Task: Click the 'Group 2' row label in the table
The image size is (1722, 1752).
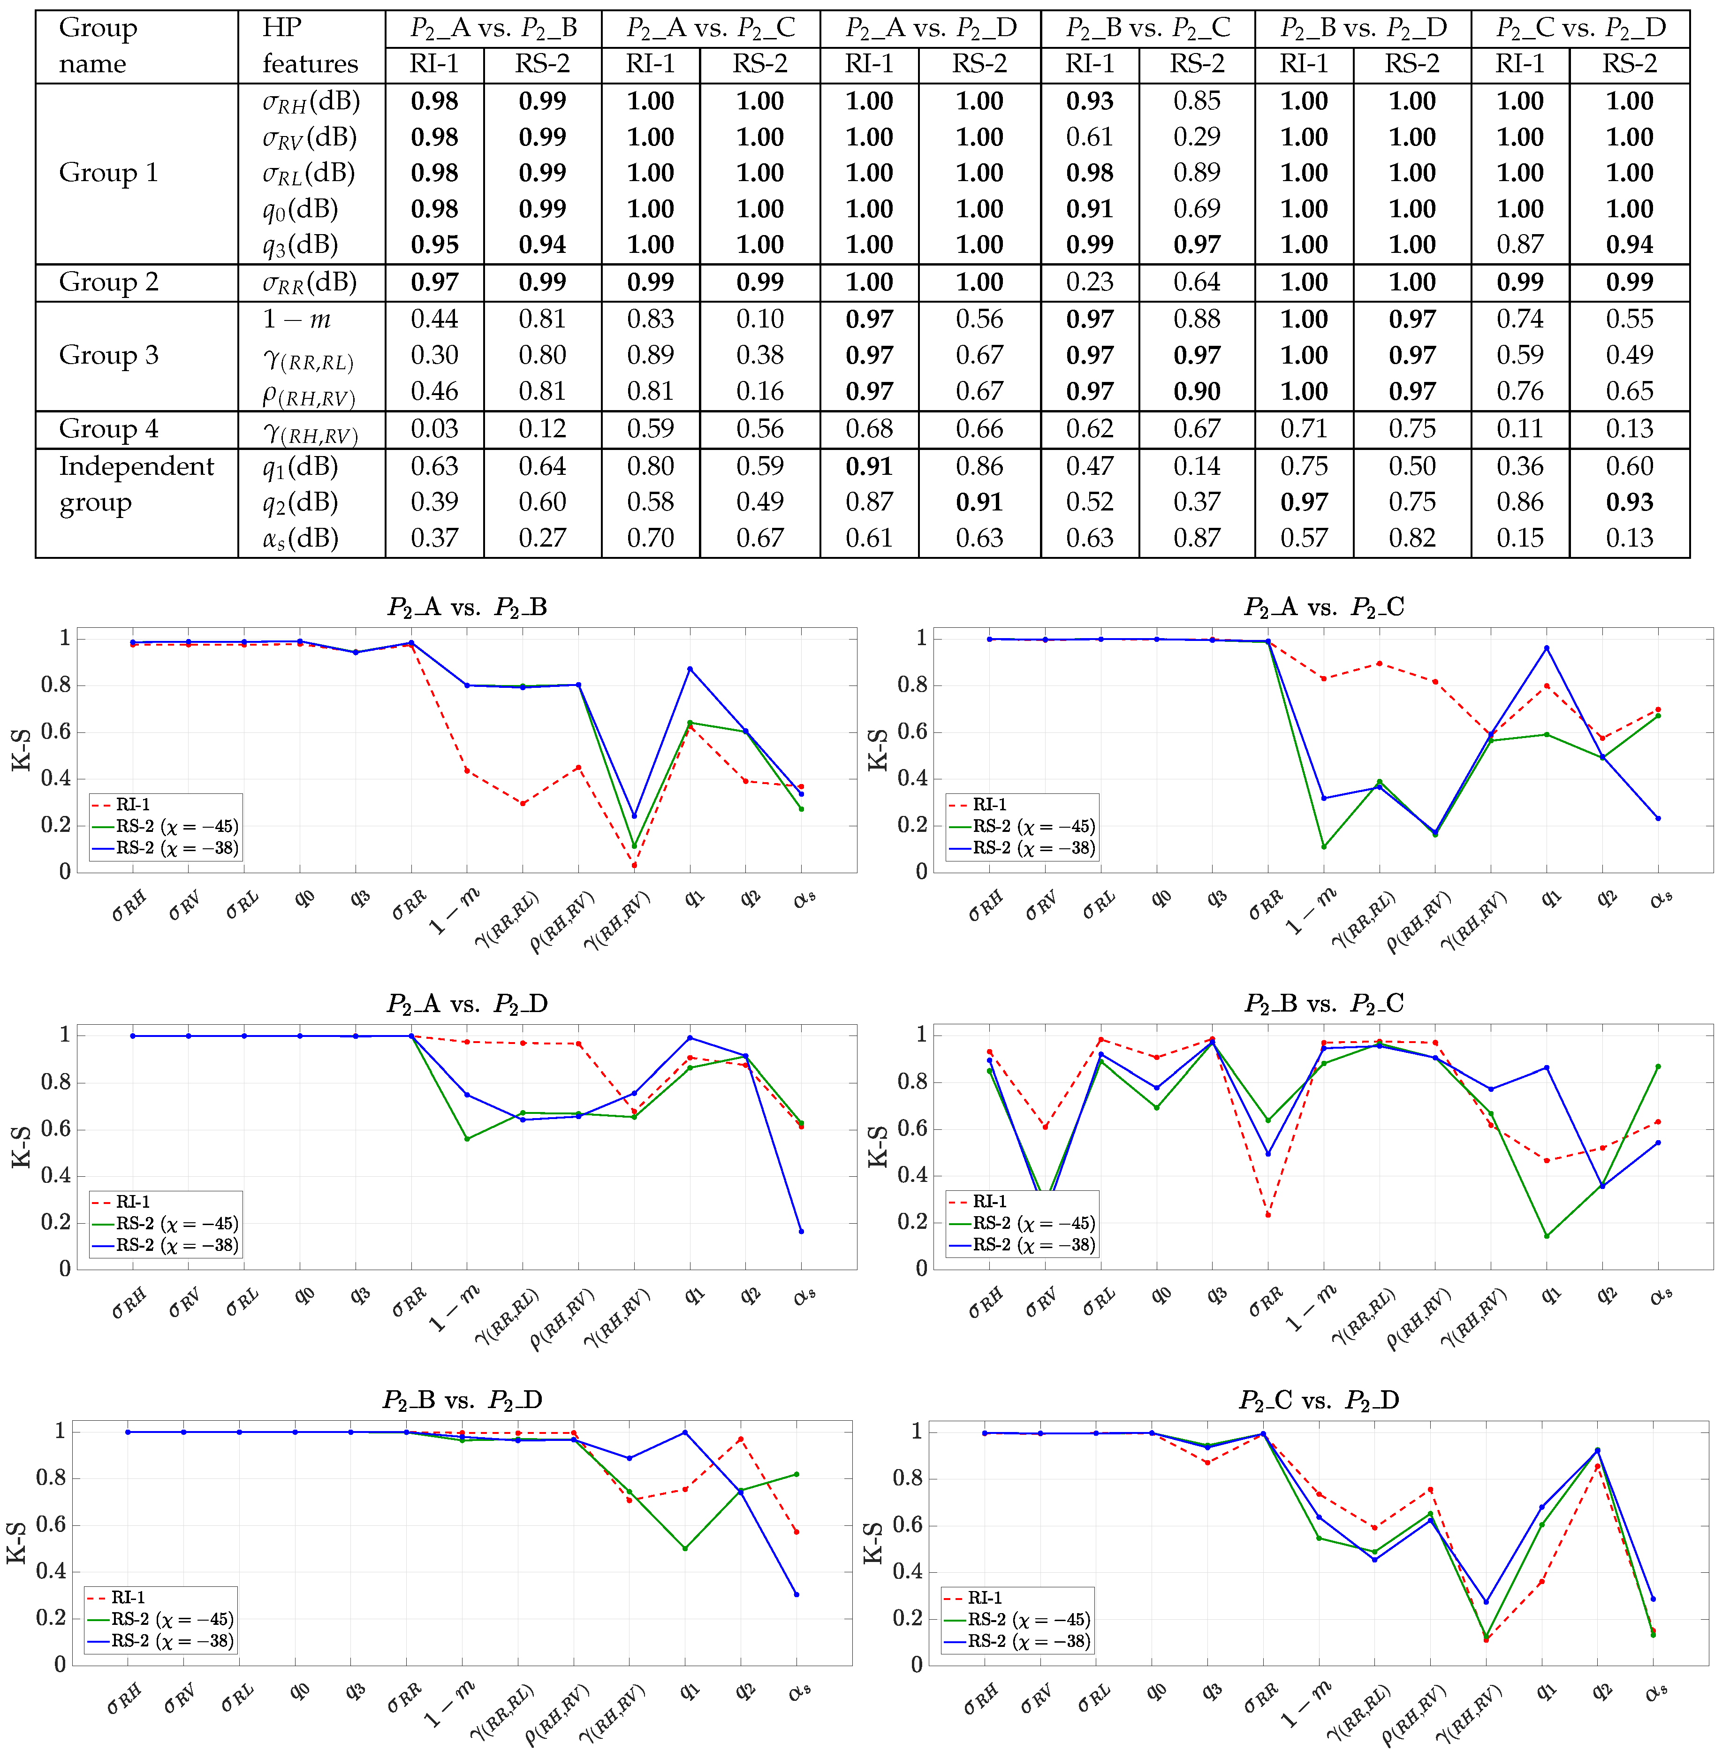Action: click(108, 282)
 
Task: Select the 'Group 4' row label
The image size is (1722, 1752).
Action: click(108, 429)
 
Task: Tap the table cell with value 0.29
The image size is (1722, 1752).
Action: click(1197, 137)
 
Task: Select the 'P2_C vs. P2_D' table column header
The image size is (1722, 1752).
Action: click(1580, 28)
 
